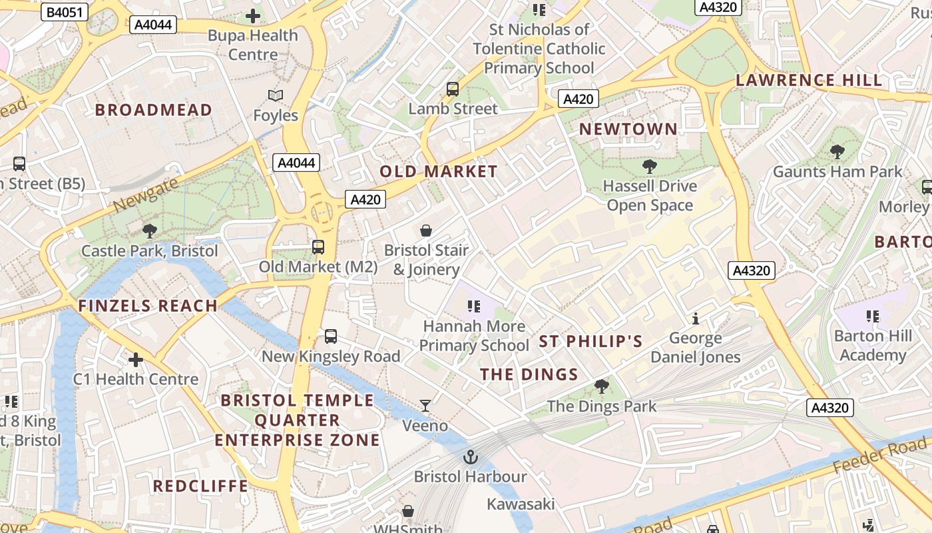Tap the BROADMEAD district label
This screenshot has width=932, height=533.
(x=154, y=110)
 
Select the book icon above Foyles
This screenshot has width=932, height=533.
(x=276, y=96)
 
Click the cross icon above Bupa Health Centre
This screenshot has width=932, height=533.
(x=253, y=15)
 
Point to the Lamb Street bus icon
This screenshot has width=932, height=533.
(x=453, y=89)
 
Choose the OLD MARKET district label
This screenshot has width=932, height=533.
(x=439, y=171)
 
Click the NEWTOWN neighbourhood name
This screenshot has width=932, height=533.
(x=628, y=129)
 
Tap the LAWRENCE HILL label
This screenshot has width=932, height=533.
(x=809, y=81)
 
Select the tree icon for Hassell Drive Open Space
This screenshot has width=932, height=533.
(x=650, y=166)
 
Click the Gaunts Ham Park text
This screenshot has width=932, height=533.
(x=837, y=172)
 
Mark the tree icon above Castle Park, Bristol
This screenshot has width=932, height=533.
(x=150, y=231)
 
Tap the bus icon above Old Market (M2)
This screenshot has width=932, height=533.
(x=318, y=247)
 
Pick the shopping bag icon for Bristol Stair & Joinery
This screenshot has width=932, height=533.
(x=426, y=231)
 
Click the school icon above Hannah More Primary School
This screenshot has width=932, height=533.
(x=474, y=306)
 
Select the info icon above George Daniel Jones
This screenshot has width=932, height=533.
(x=696, y=318)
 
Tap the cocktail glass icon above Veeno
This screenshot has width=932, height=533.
(x=425, y=405)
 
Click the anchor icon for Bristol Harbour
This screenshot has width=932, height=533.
(x=471, y=457)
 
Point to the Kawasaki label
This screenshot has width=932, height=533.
(x=521, y=504)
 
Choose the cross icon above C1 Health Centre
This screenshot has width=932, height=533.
(x=136, y=360)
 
